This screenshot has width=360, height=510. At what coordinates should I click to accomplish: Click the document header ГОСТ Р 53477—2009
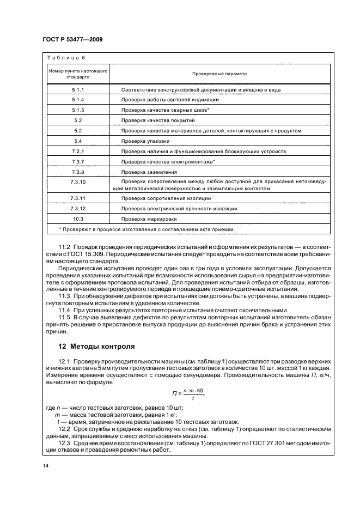coord(72,39)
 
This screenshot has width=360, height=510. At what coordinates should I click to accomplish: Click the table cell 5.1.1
coord(78,89)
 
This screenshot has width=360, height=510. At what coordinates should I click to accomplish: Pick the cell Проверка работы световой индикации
coord(170,100)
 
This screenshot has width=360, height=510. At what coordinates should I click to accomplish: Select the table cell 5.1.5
coord(78,110)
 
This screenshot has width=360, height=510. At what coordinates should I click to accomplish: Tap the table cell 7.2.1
coord(78,151)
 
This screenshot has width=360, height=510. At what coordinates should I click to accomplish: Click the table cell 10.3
coord(78,218)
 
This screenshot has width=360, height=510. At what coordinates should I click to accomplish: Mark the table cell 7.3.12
coord(78,208)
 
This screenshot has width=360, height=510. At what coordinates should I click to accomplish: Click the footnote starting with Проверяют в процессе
coord(142,229)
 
